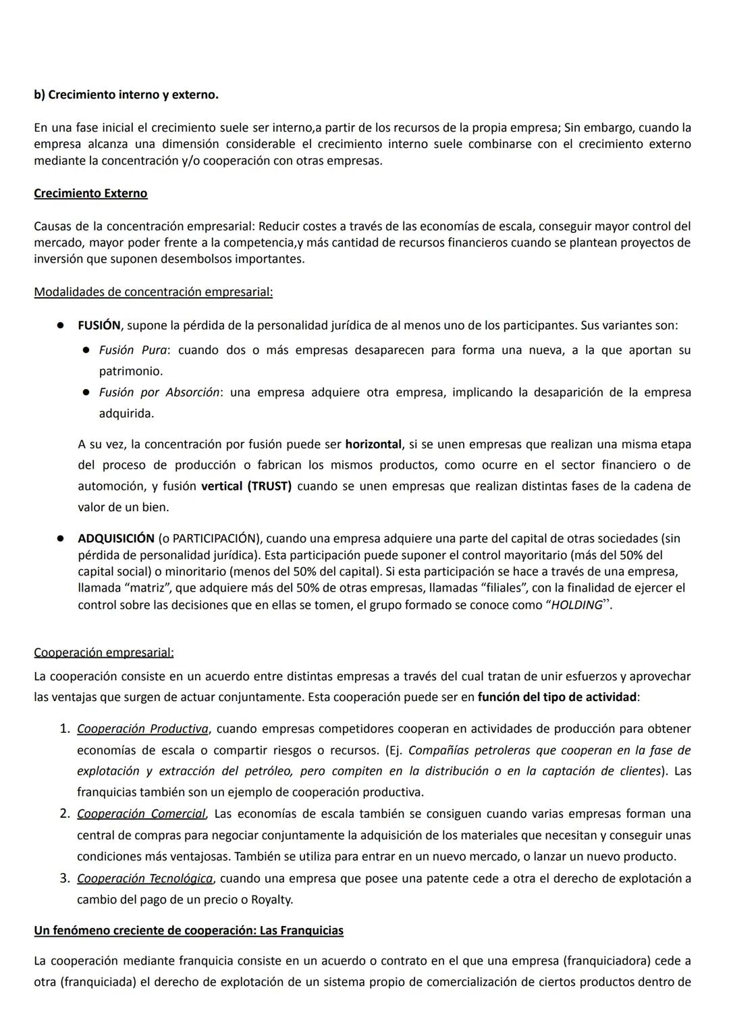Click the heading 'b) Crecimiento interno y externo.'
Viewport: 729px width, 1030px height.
point(126,95)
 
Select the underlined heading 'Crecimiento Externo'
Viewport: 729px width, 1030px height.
point(90,193)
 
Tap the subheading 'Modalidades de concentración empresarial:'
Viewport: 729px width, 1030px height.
point(153,292)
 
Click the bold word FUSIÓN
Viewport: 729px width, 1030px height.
point(99,325)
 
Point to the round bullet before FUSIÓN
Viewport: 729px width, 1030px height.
point(60,326)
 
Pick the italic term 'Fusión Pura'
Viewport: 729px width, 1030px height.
point(133,350)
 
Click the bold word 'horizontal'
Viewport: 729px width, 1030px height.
point(373,444)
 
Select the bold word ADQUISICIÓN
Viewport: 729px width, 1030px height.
point(116,538)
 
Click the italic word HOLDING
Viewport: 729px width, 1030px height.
point(576,605)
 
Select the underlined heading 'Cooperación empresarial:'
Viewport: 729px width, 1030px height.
point(104,652)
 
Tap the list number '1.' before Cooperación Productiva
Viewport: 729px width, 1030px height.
point(65,729)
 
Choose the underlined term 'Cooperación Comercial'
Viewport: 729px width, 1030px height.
point(141,814)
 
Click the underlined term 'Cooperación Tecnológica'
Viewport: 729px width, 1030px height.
point(145,879)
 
